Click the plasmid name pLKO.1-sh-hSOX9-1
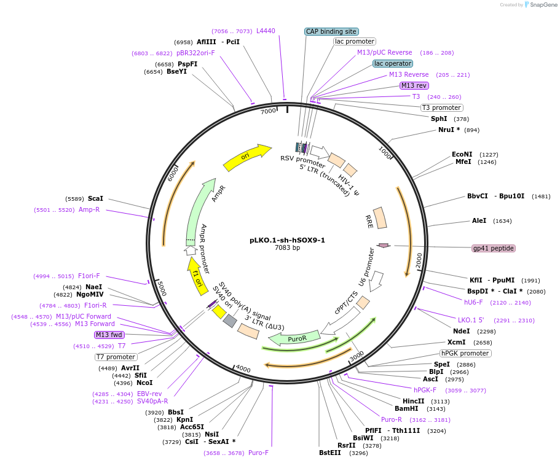287,240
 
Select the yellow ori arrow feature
246,158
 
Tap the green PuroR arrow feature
296,337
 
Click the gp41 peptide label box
493,248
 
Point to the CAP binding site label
331,31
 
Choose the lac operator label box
393,63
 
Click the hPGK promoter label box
465,353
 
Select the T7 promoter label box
116,357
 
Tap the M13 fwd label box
109,335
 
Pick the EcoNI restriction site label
462,154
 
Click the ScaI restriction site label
95,198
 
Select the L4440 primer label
266,31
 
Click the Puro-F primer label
258,453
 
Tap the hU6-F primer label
473,302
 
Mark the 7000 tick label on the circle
269,112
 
